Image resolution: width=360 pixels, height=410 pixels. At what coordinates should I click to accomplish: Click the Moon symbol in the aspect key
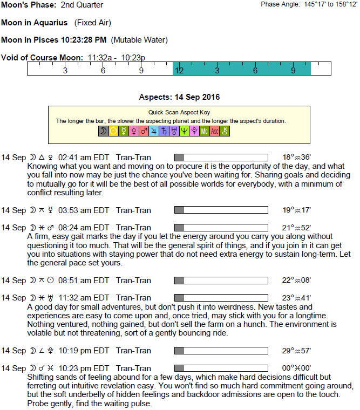[x=103, y=131]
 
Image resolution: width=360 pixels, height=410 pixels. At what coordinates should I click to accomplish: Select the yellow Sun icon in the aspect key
[x=113, y=131]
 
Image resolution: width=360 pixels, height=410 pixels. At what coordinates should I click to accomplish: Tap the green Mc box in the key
[x=204, y=131]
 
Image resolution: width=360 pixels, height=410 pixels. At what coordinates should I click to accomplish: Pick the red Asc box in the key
[x=214, y=131]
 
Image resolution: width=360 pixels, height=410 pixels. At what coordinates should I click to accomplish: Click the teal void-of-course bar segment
[x=241, y=69]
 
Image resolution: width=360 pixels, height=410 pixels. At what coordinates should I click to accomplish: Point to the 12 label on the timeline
[x=179, y=71]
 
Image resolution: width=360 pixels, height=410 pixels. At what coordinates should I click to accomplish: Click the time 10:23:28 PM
[x=84, y=40]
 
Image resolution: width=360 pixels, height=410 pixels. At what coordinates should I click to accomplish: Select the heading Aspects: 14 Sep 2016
[x=179, y=97]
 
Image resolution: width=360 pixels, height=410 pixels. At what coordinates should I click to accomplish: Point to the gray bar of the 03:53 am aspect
[x=180, y=210]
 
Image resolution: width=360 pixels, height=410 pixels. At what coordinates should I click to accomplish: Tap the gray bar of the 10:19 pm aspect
[x=180, y=351]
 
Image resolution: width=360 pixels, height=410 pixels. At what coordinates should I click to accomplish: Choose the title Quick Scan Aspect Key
[x=179, y=112]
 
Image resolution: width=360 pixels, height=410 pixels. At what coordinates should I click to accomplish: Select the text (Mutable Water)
[x=139, y=40]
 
